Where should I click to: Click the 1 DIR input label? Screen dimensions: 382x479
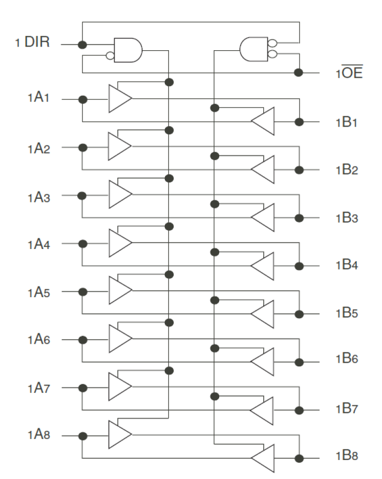pyautogui.click(x=32, y=42)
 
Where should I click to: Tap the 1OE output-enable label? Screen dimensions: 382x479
pyautogui.click(x=349, y=72)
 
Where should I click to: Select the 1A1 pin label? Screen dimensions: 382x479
pyautogui.click(x=38, y=97)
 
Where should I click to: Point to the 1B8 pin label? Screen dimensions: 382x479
pyautogui.click(x=347, y=455)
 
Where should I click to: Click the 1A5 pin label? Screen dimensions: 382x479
pyautogui.click(x=38, y=293)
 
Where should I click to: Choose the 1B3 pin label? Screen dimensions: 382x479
pyautogui.click(x=347, y=218)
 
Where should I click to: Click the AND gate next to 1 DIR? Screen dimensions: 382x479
pyautogui.click(x=128, y=50)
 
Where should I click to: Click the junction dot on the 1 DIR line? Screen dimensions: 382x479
pyautogui.click(x=82, y=45)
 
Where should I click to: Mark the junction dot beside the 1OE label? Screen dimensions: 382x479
pyautogui.click(x=299, y=73)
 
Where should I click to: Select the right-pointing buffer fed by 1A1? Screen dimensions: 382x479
pyautogui.click(x=120, y=98)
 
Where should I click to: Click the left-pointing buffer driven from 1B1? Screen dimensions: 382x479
pyautogui.click(x=263, y=121)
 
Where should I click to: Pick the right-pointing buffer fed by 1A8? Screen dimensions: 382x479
pyautogui.click(x=120, y=434)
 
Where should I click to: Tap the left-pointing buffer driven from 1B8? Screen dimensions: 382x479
pyautogui.click(x=263, y=458)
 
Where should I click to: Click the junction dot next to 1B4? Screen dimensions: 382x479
pyautogui.click(x=299, y=266)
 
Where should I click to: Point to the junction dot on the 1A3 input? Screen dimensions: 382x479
pyautogui.click(x=82, y=196)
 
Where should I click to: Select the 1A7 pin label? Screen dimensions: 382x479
pyautogui.click(x=38, y=388)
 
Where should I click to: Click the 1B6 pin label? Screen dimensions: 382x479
pyautogui.click(x=347, y=358)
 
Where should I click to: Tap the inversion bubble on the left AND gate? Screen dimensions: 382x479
pyautogui.click(x=110, y=56)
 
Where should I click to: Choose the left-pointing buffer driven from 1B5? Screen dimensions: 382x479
pyautogui.click(x=262, y=314)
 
